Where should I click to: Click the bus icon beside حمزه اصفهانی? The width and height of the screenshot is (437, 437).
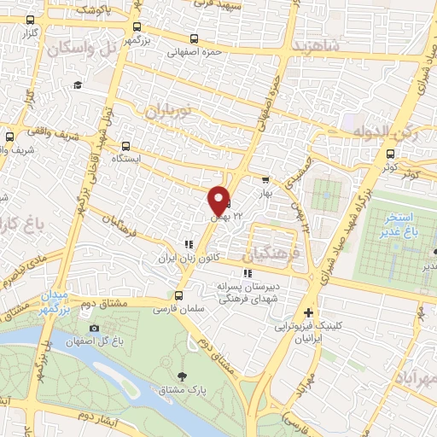[195, 38]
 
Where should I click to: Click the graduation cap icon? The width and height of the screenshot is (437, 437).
[78, 84]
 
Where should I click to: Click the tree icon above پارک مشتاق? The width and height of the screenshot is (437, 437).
[182, 376]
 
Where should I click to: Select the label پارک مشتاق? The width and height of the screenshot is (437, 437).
[182, 390]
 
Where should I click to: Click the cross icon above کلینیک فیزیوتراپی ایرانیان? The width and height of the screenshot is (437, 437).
[309, 313]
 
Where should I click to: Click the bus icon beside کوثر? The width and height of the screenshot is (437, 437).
[391, 154]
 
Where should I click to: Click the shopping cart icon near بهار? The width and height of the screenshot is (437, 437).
[265, 180]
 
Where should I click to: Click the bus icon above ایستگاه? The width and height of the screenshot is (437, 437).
[126, 146]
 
